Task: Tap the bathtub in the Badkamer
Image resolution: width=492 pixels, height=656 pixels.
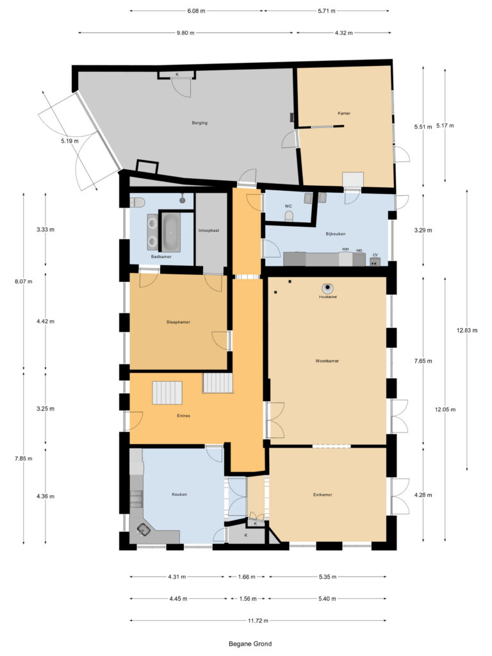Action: (170, 231)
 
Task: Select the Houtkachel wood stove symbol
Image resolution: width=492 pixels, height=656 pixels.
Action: (327, 289)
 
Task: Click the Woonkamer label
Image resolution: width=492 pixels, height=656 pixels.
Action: (327, 361)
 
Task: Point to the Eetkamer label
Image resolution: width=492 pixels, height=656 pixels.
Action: (322, 495)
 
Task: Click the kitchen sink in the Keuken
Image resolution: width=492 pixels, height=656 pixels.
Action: (144, 530)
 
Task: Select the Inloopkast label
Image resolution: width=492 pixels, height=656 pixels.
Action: (209, 230)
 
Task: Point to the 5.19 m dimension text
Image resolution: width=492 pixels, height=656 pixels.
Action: (70, 141)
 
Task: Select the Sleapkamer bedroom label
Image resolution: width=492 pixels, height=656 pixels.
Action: (178, 322)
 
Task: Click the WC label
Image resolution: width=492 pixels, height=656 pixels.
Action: (288, 206)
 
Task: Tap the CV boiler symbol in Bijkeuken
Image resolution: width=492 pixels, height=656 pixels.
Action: (375, 261)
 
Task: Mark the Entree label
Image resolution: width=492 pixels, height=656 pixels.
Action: (183, 416)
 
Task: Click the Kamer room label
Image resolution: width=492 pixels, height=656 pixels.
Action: (344, 113)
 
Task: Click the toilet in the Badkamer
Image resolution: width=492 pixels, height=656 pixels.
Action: (135, 202)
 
